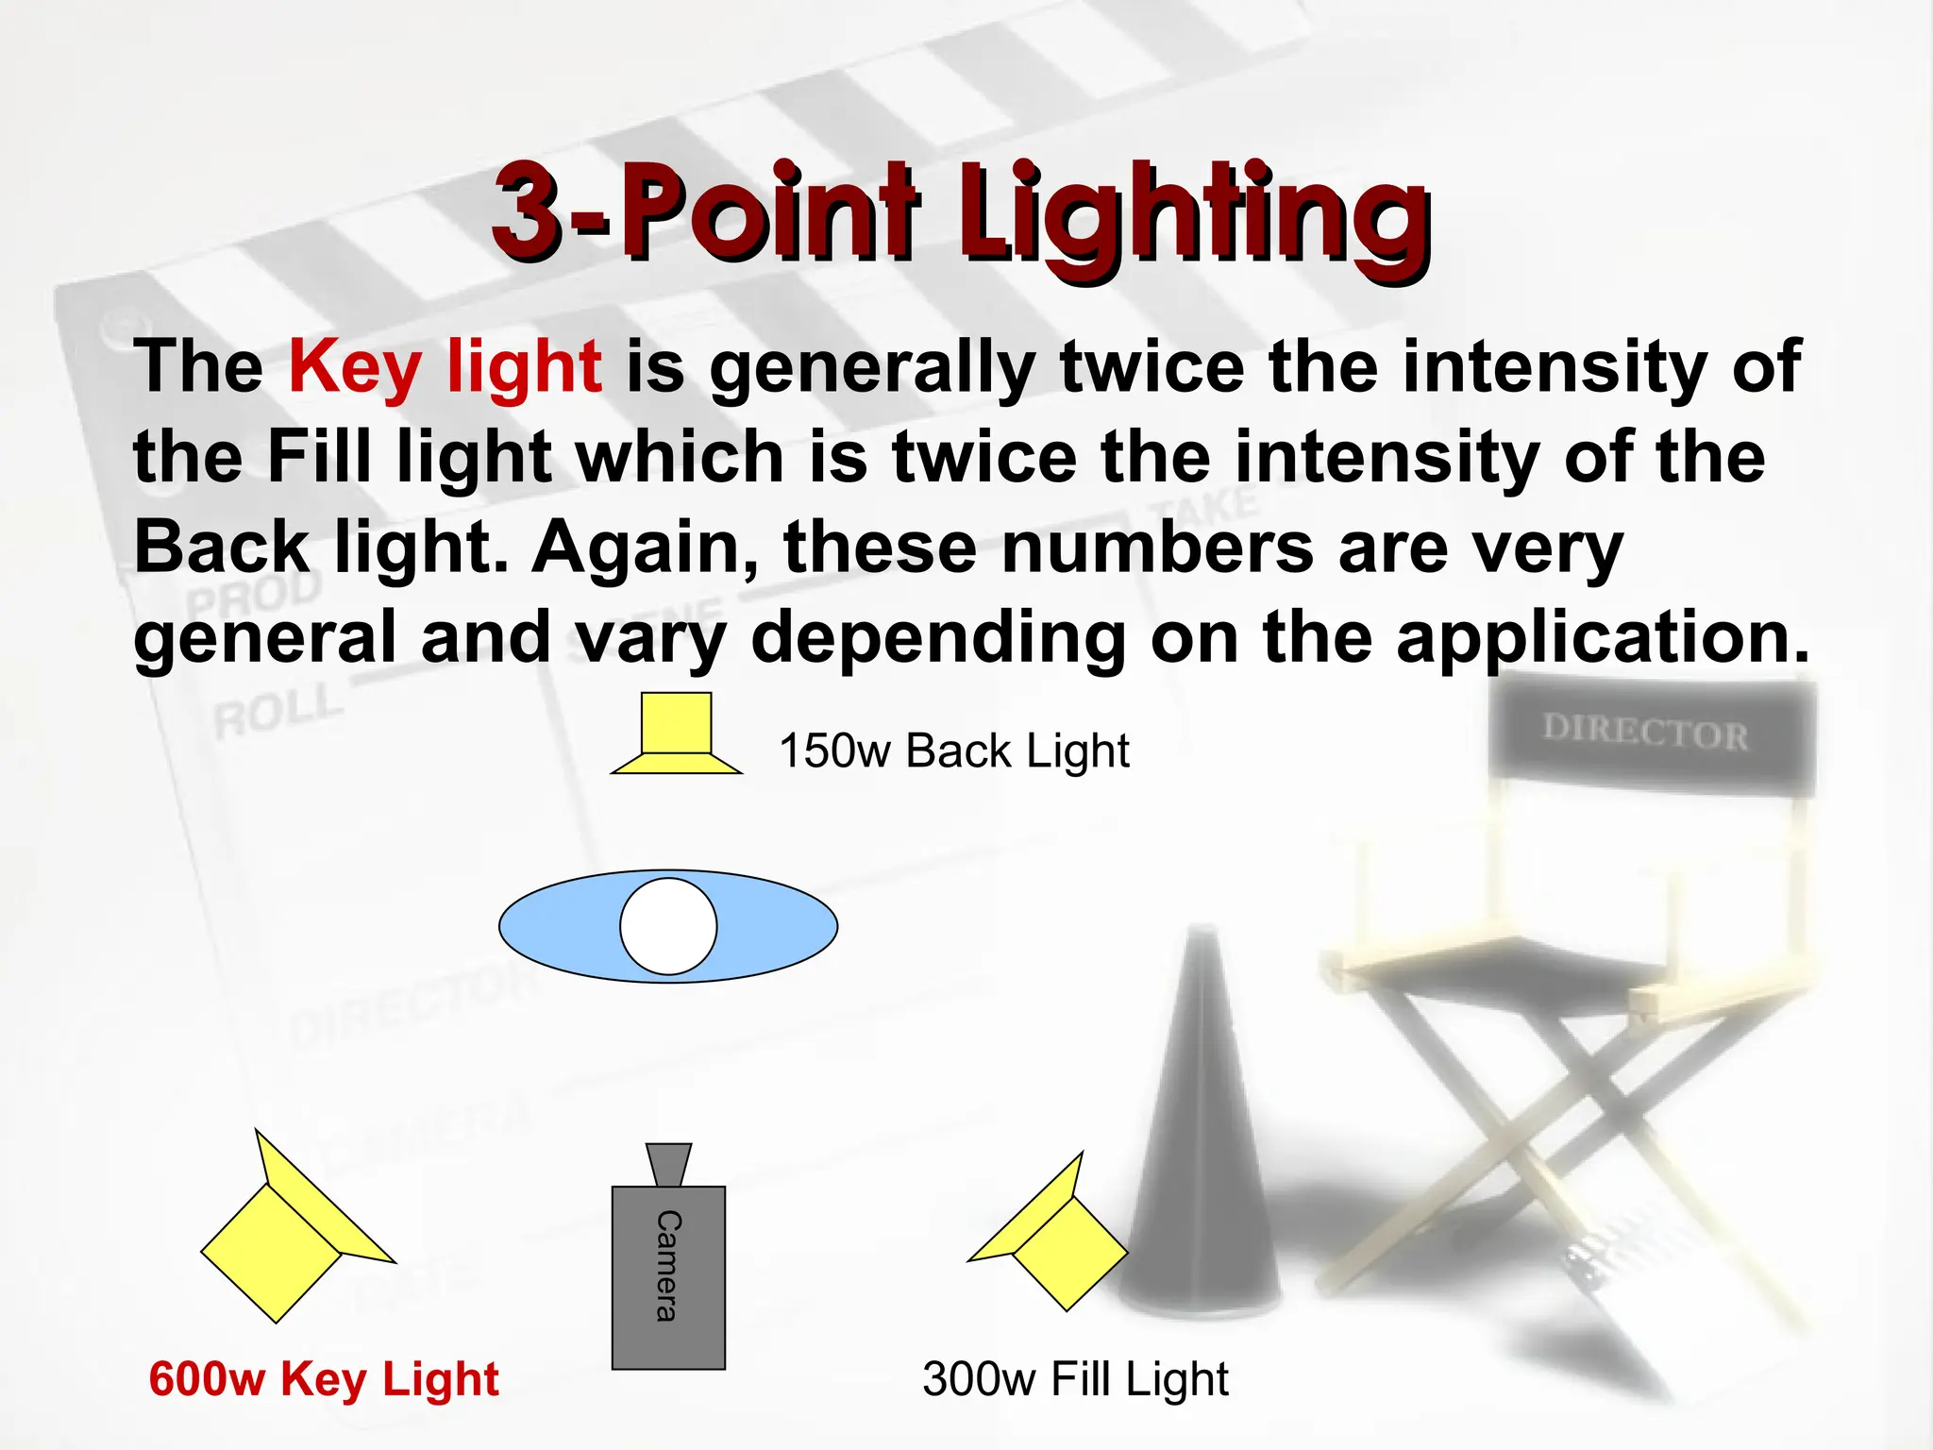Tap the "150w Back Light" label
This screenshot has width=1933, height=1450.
coord(953,751)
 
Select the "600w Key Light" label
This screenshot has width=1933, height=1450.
coord(324,1379)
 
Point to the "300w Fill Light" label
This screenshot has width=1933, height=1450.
coord(1075,1379)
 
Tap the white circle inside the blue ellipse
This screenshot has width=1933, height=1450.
coord(668,926)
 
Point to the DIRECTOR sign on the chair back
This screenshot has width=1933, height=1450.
coord(1645,733)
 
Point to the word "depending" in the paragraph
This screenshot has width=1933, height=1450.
coord(938,639)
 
